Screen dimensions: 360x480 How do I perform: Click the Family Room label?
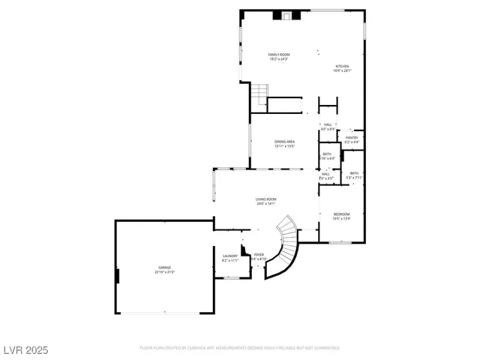coord(279,54)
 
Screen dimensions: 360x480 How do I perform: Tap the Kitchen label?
coord(341,66)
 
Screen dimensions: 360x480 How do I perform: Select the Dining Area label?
coord(284,142)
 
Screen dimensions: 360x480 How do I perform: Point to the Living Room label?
coord(266,199)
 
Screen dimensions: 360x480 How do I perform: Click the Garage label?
coord(164,267)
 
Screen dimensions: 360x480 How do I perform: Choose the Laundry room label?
coord(230,256)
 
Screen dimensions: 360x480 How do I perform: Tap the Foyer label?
coord(259,254)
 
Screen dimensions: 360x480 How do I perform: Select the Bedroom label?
coord(341,214)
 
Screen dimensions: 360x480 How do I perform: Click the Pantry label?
coord(352,137)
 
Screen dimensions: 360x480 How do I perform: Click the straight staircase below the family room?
coord(259,95)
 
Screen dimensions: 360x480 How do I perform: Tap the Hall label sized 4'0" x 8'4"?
coord(328,124)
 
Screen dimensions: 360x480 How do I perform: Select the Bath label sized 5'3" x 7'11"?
coord(354,173)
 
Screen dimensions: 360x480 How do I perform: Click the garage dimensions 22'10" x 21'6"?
coord(164,271)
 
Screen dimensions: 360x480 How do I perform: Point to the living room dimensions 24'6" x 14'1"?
coord(266,203)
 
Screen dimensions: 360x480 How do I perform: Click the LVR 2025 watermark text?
coord(26,350)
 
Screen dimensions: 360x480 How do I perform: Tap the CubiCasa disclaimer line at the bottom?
coord(240,348)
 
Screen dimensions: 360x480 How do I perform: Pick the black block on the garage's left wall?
coord(117,275)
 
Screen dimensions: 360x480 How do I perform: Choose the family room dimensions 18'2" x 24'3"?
coord(279,58)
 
